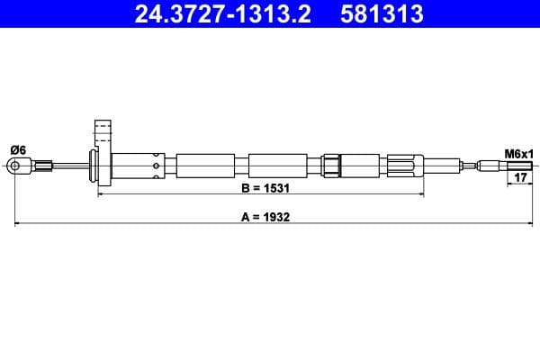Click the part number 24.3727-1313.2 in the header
click(222, 14)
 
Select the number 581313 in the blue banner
click(382, 14)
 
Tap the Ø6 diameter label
click(18, 150)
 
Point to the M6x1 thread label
click(518, 154)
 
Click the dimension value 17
click(520, 177)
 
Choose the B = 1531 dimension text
click(265, 188)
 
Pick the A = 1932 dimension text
click(265, 217)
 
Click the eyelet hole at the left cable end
click(14, 166)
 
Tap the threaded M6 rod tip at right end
click(520, 166)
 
